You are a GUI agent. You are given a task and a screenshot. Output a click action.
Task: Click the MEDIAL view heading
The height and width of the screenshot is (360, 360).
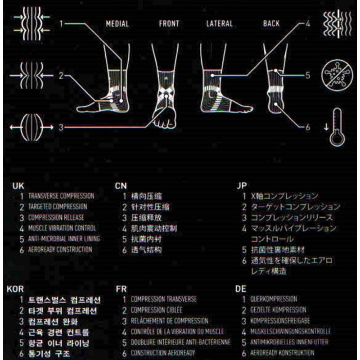coord(117,24)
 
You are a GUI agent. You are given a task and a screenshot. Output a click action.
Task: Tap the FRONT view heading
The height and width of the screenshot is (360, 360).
coord(169,24)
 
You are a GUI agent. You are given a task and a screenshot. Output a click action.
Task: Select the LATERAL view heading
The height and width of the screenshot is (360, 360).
coord(219,24)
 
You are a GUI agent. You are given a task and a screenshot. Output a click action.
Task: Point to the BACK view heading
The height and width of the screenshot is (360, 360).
coord(271,24)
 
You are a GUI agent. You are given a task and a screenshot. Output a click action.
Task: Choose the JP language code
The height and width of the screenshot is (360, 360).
coord(241,185)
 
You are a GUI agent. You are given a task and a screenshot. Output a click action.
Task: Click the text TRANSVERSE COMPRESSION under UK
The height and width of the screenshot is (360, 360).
coord(61,196)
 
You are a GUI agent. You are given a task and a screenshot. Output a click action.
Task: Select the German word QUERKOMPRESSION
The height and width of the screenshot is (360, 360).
coord(273,299)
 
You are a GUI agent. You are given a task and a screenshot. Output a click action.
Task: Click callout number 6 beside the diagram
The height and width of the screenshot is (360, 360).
coord(308,127)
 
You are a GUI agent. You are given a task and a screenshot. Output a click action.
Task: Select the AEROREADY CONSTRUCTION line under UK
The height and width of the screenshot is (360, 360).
coord(60,249)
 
